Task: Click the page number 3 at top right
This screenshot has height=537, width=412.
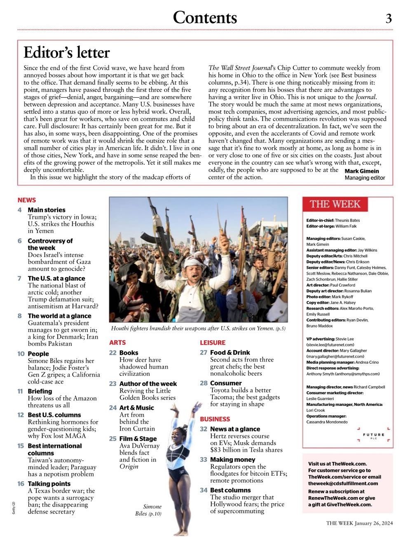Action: coord(389,19)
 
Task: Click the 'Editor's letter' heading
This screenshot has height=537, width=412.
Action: coord(67,53)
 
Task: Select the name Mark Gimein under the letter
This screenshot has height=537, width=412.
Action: coord(362,171)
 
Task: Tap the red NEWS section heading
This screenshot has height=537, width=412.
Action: coord(27,200)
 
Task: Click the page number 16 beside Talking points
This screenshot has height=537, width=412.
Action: coord(21,484)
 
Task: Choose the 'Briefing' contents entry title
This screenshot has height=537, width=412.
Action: coord(40,391)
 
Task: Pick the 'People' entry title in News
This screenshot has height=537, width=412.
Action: coord(38,354)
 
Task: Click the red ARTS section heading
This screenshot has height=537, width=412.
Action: coord(117,343)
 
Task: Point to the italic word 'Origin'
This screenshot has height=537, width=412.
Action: coord(129,466)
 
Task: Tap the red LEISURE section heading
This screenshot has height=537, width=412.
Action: coord(213,343)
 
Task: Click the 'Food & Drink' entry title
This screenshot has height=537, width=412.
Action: coord(230,353)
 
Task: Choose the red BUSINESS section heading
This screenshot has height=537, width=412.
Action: coord(215,419)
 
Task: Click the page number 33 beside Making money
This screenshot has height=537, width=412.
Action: coord(204,460)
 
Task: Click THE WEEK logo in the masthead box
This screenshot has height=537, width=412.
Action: coord(335,204)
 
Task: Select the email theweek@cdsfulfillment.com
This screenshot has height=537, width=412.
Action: coord(343,483)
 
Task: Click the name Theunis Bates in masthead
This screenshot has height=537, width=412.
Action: coord(347,221)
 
